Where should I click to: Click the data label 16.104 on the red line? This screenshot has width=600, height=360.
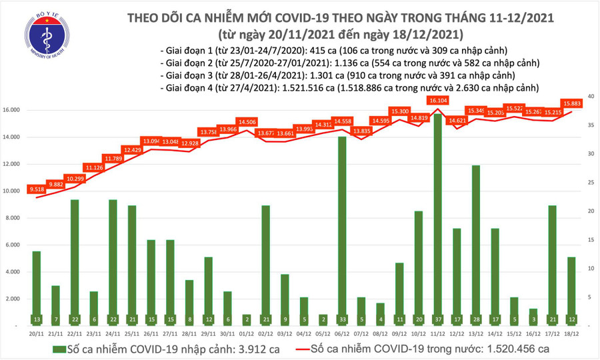click(x=437, y=100)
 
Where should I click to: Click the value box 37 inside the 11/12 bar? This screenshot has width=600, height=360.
click(x=437, y=319)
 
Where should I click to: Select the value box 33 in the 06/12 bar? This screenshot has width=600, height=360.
click(x=341, y=319)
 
